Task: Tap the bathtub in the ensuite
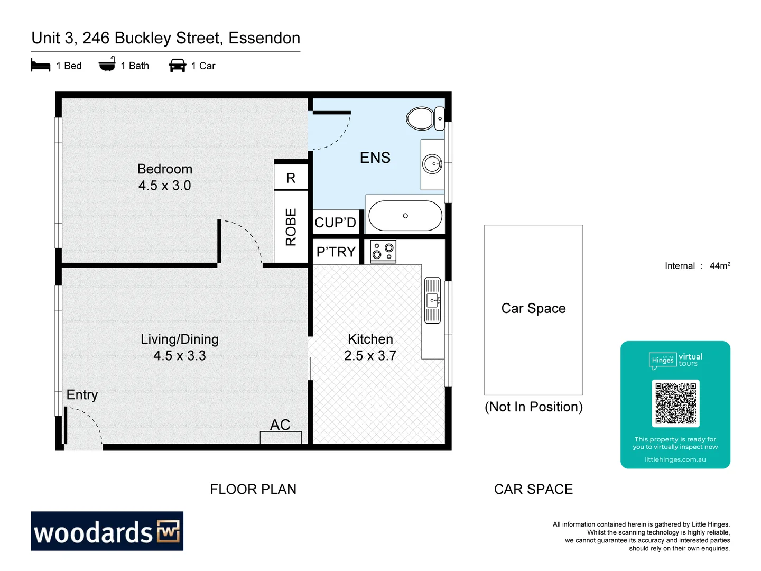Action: pyautogui.click(x=405, y=216)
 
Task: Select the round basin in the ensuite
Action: pyautogui.click(x=433, y=164)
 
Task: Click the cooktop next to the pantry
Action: pyautogui.click(x=383, y=251)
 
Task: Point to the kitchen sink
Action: pyautogui.click(x=433, y=300)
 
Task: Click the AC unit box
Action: pyautogui.click(x=281, y=437)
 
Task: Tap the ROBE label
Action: pyautogui.click(x=291, y=227)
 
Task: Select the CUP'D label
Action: pyautogui.click(x=336, y=223)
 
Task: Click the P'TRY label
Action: pyautogui.click(x=336, y=252)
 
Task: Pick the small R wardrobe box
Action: pyautogui.click(x=291, y=178)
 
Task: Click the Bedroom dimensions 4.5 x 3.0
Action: pyautogui.click(x=164, y=186)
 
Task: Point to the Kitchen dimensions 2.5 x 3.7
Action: pyautogui.click(x=370, y=356)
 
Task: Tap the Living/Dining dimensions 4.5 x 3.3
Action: pyautogui.click(x=180, y=356)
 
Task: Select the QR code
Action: pyautogui.click(x=675, y=403)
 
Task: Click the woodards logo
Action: pyautogui.click(x=107, y=531)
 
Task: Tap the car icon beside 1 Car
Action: pyautogui.click(x=178, y=66)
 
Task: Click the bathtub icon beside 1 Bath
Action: pyautogui.click(x=107, y=65)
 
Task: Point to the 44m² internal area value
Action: pyautogui.click(x=720, y=265)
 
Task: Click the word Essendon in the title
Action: pyautogui.click(x=264, y=38)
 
